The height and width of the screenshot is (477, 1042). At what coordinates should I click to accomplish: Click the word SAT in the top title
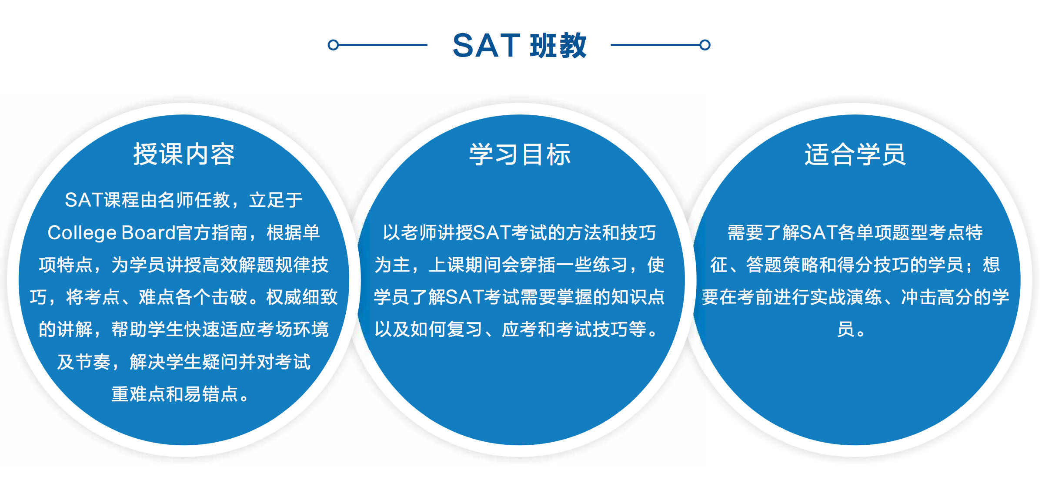click(486, 45)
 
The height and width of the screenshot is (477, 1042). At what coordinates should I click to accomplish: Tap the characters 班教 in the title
click(558, 45)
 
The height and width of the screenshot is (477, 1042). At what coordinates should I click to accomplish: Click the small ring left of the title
click(333, 45)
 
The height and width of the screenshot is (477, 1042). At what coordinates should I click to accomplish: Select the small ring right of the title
click(705, 45)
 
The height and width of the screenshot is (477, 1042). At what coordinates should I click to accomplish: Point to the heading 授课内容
click(184, 154)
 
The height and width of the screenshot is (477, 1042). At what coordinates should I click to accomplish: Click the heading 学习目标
click(520, 154)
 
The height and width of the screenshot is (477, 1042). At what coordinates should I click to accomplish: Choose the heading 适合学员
click(855, 154)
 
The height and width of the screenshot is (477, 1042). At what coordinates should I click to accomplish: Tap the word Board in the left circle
click(148, 233)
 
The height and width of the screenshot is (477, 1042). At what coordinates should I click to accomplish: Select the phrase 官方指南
click(212, 233)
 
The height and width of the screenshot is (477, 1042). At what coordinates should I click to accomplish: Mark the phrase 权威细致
click(302, 297)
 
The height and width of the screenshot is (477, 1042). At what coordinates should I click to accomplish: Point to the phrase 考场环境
click(293, 329)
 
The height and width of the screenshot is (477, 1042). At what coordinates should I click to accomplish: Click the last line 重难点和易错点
click(175, 394)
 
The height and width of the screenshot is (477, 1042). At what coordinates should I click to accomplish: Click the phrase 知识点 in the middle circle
click(638, 297)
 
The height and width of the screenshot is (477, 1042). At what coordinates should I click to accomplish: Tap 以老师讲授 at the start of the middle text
click(427, 233)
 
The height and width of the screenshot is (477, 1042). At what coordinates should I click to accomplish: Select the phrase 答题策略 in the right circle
click(782, 265)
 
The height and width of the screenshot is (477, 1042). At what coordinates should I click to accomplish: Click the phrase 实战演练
click(846, 297)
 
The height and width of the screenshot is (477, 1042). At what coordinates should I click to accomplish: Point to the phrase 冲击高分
click(937, 297)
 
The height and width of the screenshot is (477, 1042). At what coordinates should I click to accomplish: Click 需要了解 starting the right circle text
click(764, 233)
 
